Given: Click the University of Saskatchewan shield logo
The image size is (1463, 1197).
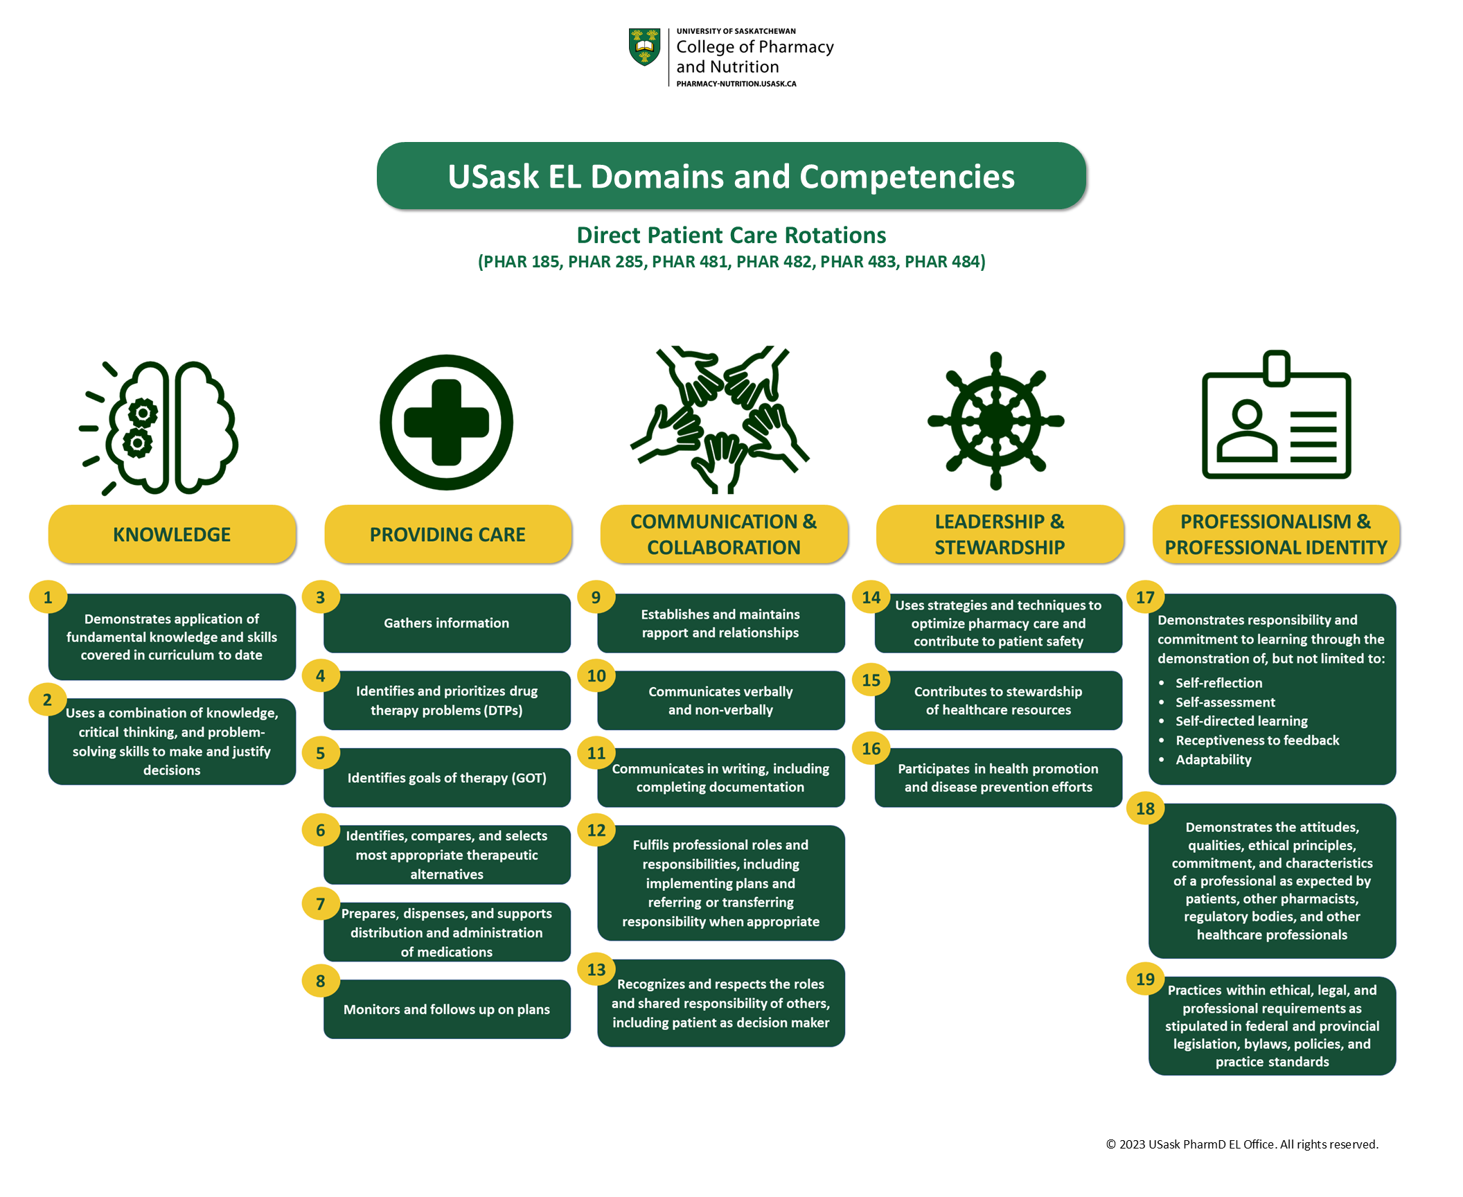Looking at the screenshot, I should tap(644, 47).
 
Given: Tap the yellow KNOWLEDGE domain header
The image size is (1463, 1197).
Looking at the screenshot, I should tap(172, 534).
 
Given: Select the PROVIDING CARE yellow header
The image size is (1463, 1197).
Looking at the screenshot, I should tap(447, 534).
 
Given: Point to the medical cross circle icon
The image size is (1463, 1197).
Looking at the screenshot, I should tap(446, 422).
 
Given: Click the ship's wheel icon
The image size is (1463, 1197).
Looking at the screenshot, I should tap(995, 420).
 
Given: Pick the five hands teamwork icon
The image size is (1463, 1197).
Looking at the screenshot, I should tap(720, 419).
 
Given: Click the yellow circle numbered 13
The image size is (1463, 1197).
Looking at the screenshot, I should tap(596, 969).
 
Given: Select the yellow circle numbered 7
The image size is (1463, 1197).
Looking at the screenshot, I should tap(321, 903).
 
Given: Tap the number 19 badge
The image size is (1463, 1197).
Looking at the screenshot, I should tap(1145, 979).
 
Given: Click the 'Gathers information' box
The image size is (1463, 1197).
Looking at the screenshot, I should tap(447, 623).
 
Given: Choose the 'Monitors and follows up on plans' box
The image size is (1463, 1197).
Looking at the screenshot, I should tap(447, 1009).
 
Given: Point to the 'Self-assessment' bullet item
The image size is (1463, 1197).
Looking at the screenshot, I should tap(1225, 702).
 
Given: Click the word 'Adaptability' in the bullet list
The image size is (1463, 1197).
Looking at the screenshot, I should tap(1213, 759).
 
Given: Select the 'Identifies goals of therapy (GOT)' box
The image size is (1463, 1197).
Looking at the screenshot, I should tap(447, 778).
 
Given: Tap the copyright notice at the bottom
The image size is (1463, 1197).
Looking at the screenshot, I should tap(1241, 1144).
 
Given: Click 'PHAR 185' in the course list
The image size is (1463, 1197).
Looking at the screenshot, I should tap(521, 261).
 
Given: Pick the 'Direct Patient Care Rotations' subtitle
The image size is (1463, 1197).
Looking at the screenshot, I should tap(731, 235).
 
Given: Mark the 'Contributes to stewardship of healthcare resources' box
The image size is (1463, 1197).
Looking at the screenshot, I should tap(997, 700).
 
